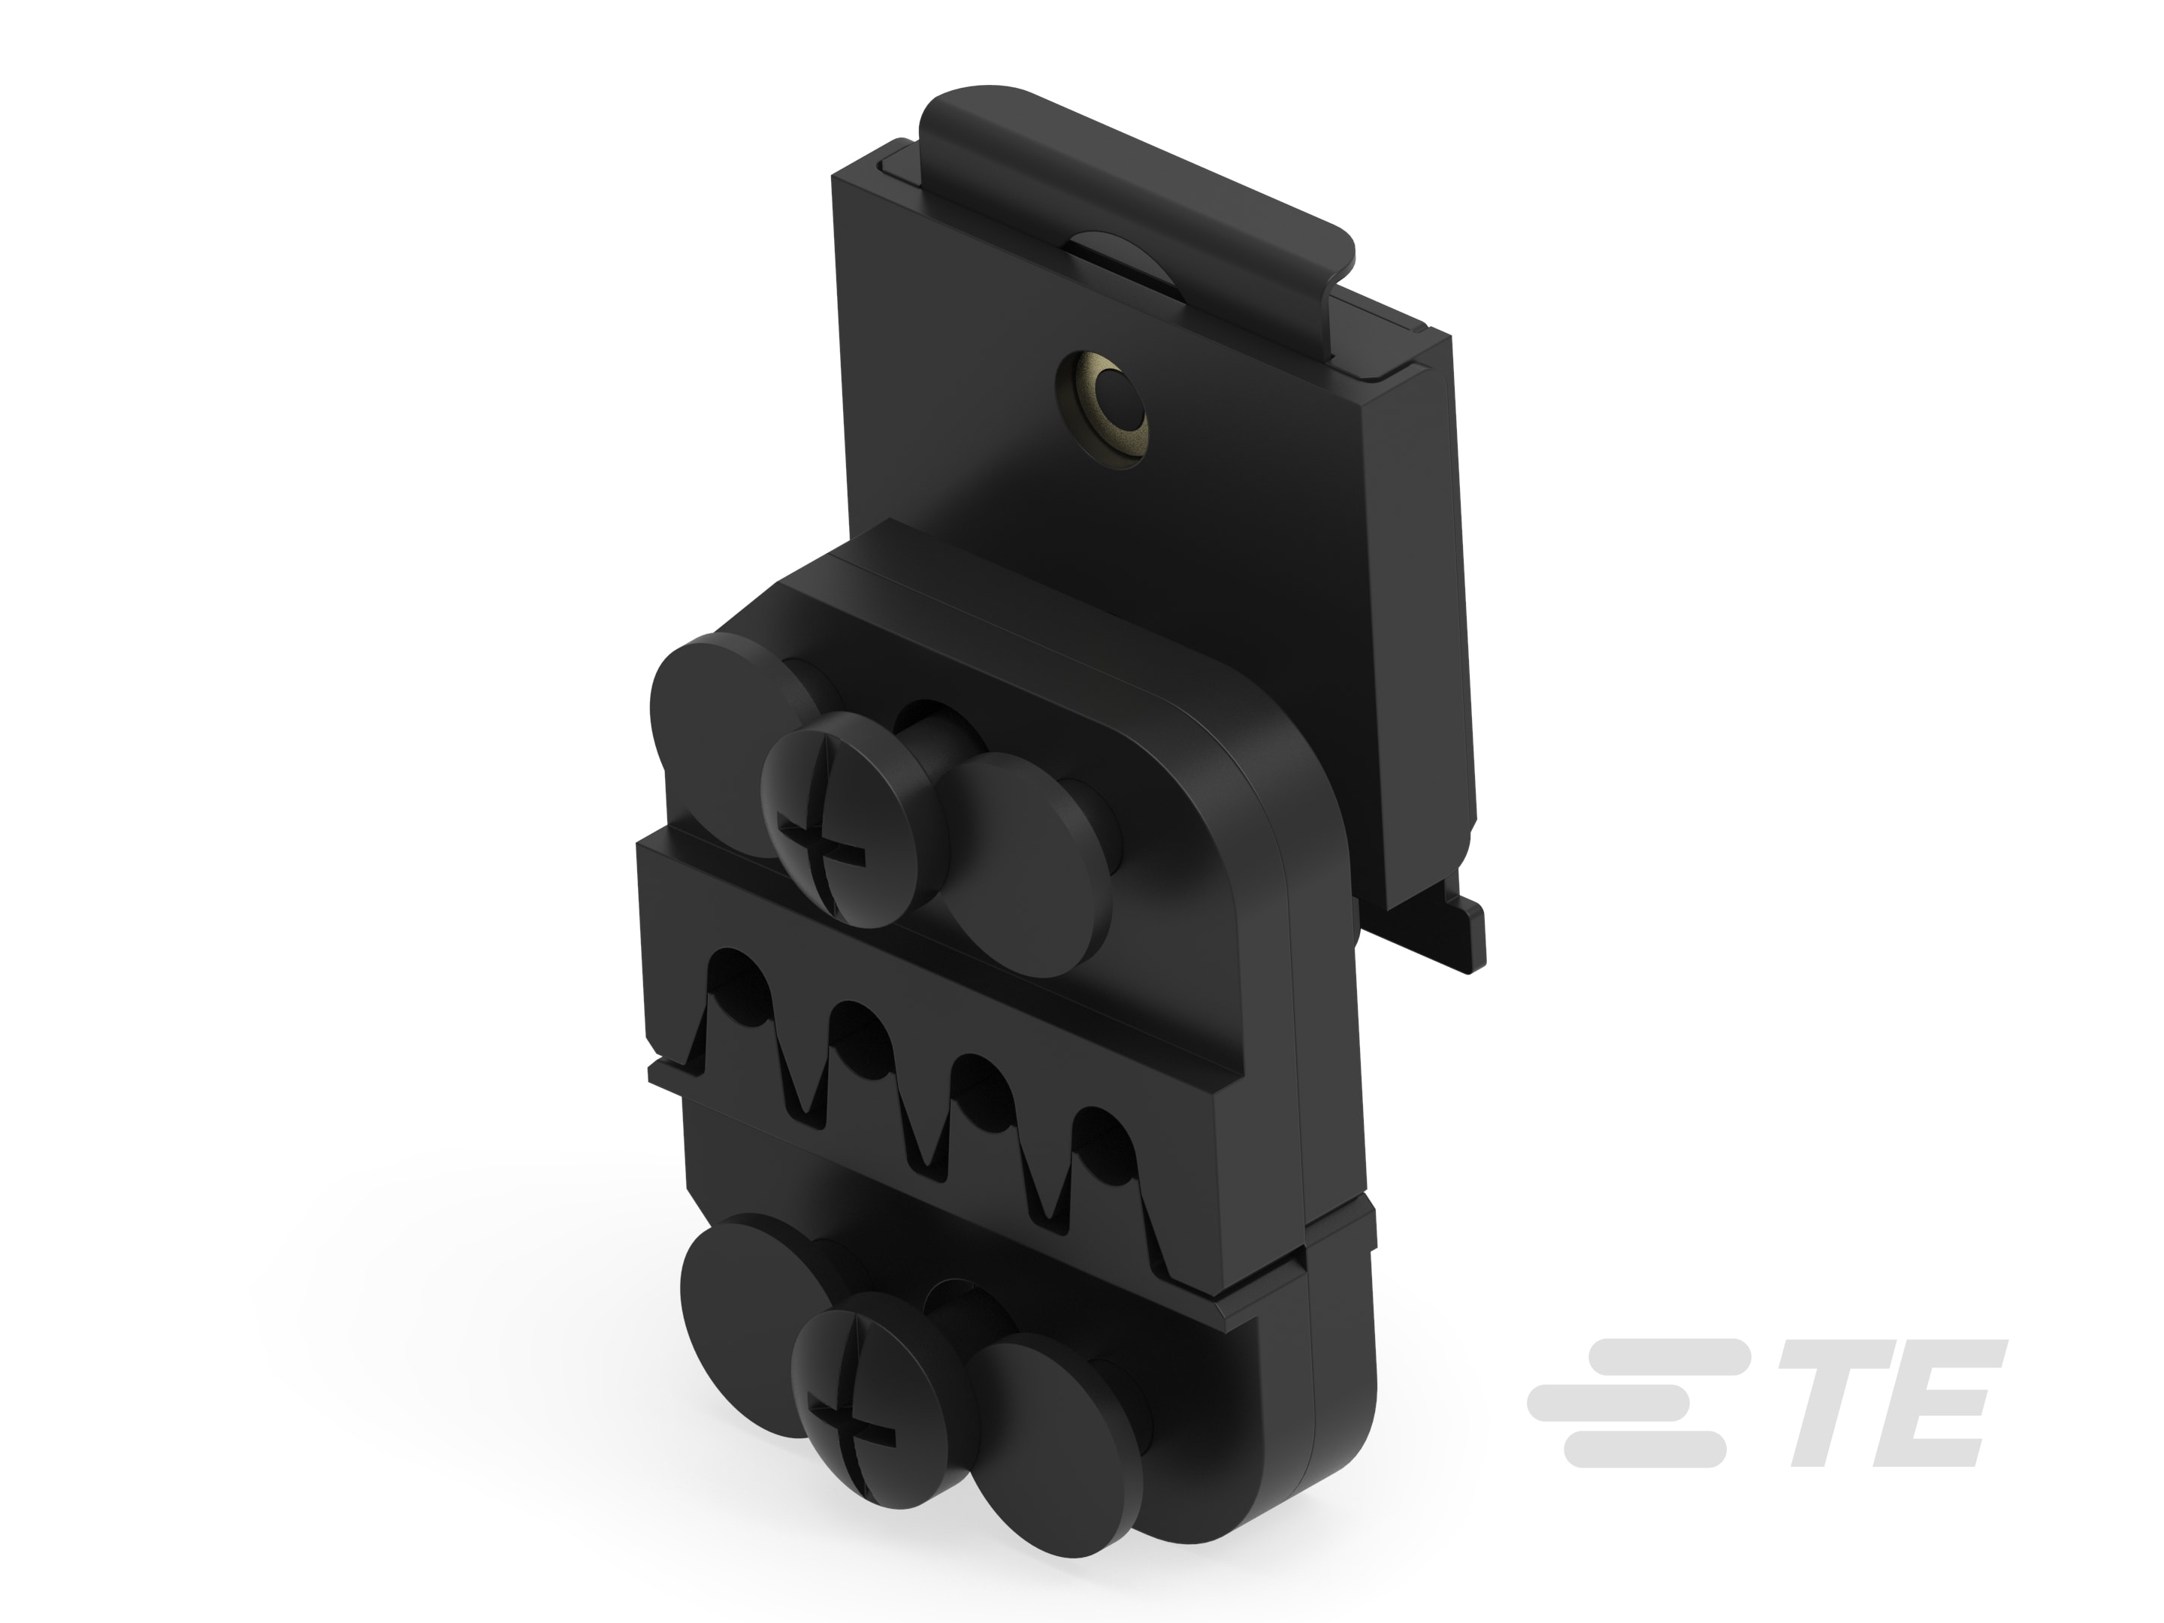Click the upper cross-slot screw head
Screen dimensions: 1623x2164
[x=839, y=820]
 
